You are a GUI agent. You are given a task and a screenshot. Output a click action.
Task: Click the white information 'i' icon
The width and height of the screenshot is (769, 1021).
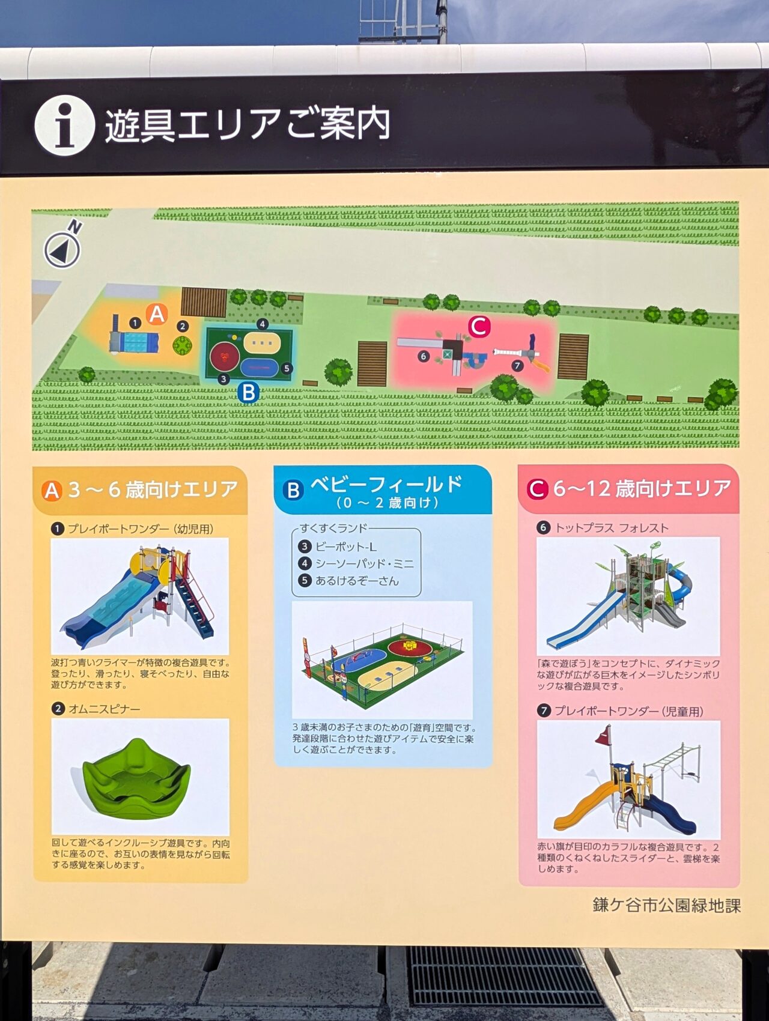64,126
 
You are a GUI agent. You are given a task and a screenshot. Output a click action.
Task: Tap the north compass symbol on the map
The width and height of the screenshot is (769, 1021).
62,249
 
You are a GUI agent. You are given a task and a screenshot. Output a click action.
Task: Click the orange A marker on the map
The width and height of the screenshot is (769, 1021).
157,314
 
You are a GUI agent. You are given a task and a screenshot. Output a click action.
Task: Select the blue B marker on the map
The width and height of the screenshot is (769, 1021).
248,393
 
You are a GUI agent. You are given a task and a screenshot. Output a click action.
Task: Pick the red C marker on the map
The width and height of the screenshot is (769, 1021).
479,327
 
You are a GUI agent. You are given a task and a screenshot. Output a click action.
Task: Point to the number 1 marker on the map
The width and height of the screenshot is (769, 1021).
135,323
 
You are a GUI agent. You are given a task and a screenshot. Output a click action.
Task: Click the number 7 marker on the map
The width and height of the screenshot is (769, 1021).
517,365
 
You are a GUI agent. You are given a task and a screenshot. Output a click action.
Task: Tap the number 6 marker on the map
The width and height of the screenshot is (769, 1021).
424,356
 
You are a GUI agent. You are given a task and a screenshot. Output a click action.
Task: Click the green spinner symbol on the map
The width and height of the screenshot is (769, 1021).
183,345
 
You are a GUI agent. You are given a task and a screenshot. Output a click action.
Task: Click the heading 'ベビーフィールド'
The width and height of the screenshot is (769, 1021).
386,485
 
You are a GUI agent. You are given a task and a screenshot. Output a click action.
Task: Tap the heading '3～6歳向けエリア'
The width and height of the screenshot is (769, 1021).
153,489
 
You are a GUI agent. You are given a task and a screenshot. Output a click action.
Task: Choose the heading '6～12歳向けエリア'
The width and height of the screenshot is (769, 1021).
642,488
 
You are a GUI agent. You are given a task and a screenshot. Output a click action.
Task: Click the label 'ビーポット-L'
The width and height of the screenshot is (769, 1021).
345,547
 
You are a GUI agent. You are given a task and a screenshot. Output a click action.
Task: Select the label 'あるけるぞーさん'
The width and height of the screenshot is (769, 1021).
357,581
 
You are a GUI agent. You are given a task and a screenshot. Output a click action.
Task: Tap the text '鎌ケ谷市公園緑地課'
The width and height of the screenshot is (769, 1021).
666,905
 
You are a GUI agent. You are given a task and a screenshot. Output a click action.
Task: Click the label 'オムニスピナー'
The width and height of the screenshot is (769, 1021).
104,709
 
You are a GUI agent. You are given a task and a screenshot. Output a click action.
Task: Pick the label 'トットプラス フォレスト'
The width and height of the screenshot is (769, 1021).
611,528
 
